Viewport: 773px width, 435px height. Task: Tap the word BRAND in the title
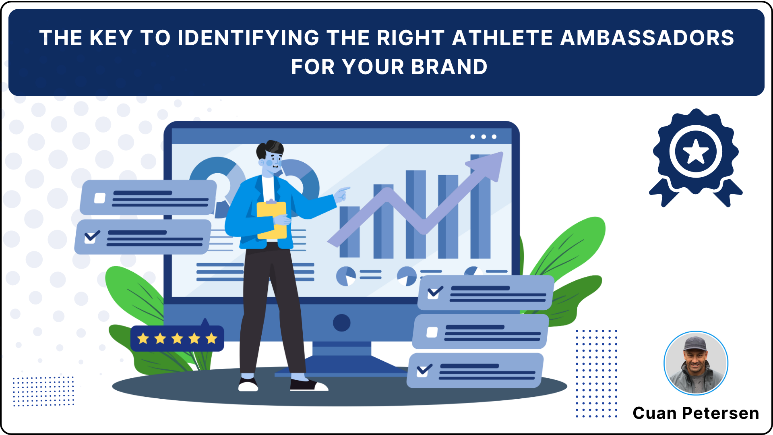coord(449,67)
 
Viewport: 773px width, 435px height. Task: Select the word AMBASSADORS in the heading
coord(647,38)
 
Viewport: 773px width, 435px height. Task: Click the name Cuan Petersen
coord(696,413)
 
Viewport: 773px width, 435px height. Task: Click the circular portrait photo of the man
coord(696,363)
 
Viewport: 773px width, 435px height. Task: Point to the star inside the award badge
coord(696,152)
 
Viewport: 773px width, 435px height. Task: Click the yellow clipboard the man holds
coord(272,220)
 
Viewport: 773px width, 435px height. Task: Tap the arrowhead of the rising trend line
coord(488,164)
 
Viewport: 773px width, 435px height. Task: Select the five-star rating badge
coord(177,338)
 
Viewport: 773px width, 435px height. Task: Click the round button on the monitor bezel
coord(342,323)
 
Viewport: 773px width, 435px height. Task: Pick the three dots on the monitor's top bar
coord(483,137)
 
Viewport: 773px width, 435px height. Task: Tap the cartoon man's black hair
coord(270,148)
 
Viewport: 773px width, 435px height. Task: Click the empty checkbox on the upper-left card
coord(100,198)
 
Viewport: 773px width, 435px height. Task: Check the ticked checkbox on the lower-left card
coord(92,236)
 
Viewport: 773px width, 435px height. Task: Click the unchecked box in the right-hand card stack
coord(432,332)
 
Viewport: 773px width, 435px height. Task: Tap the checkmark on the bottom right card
coord(424,370)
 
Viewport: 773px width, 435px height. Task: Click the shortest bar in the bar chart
coord(349,232)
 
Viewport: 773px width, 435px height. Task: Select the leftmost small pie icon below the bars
coord(346,276)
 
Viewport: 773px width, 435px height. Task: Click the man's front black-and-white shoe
coord(309,385)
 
